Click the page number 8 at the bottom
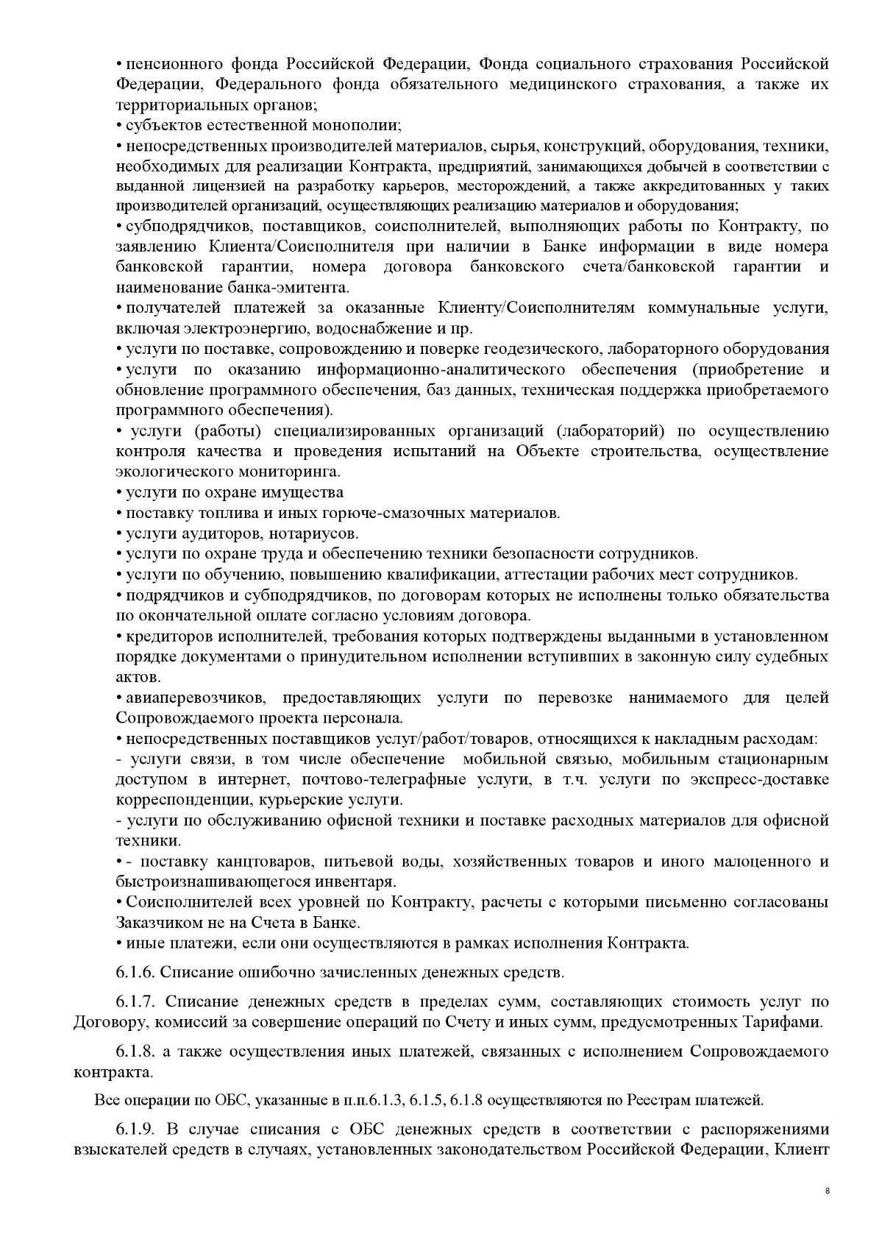point(827,1210)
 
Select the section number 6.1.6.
point(135,972)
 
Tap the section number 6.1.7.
point(135,1001)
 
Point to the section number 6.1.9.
point(135,1129)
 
